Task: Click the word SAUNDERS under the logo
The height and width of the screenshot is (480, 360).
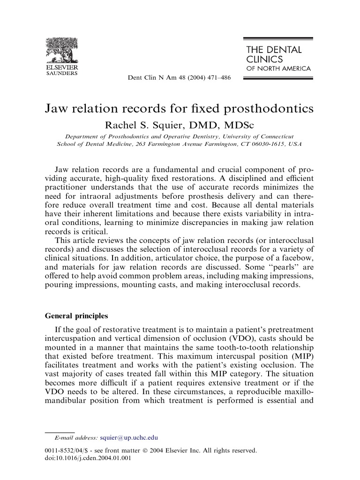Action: point(61,73)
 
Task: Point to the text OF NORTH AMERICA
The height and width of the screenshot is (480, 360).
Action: point(278,68)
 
